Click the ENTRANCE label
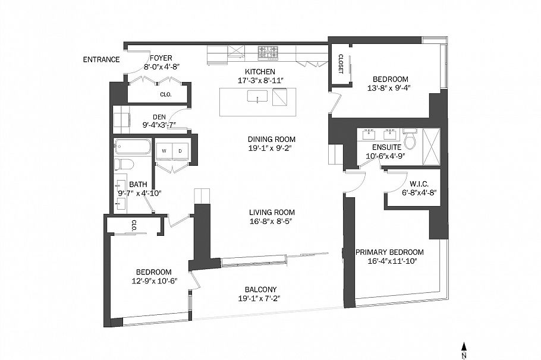(x=101, y=59)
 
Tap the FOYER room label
(x=161, y=58)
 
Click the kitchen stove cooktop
(x=267, y=53)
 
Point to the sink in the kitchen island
(x=256, y=97)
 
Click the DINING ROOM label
(x=272, y=140)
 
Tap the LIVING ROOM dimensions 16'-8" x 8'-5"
(x=272, y=221)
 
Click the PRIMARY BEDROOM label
(x=389, y=252)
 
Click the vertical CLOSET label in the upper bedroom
(x=341, y=64)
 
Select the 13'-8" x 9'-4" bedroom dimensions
(x=390, y=88)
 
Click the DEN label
(x=159, y=116)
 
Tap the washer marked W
(x=163, y=151)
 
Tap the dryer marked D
(x=180, y=151)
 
